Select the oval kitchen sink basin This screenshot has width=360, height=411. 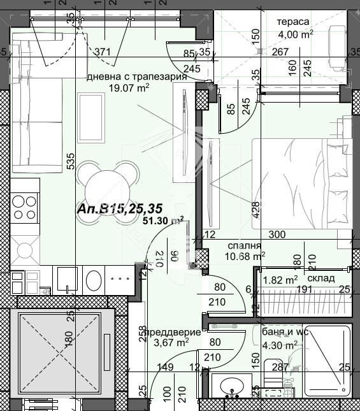click(x=94, y=280)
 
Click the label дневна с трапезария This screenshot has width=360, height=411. click(x=136, y=77)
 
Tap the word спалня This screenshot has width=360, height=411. click(x=243, y=245)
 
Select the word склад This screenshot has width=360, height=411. click(x=320, y=279)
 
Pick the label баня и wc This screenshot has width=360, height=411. click(x=284, y=332)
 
